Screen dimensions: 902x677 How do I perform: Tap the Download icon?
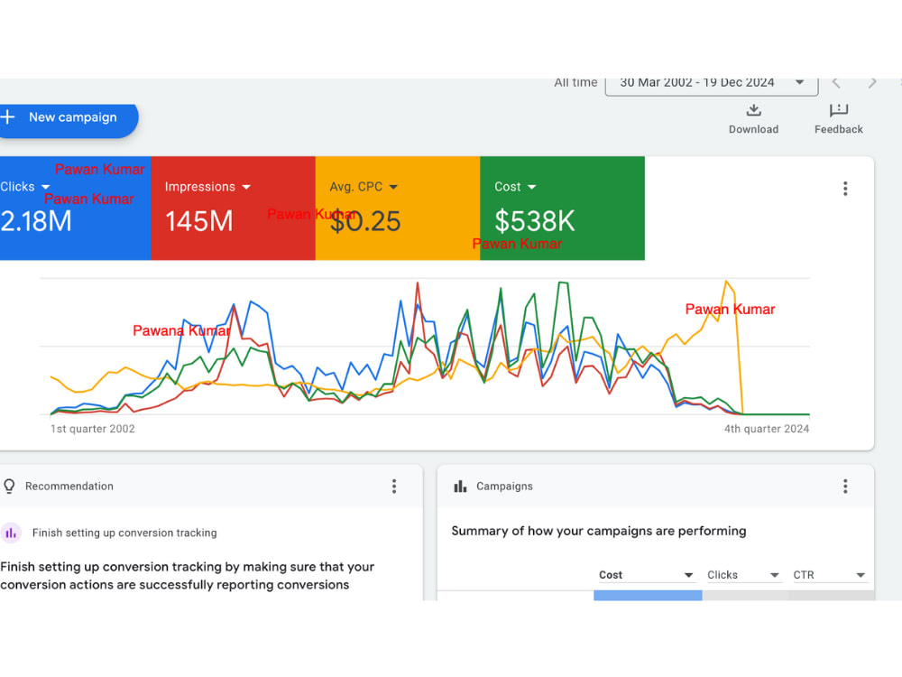(x=753, y=109)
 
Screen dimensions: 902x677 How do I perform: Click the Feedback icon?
(x=839, y=109)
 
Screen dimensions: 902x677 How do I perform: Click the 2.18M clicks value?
(x=36, y=221)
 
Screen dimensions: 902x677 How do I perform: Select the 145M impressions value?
(x=199, y=221)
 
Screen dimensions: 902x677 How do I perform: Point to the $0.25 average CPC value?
(x=365, y=222)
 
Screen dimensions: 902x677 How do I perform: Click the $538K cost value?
(x=534, y=221)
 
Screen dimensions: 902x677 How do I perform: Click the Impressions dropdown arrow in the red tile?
(x=247, y=187)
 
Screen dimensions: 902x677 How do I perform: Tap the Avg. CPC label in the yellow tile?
(x=356, y=187)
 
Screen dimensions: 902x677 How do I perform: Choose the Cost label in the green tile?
(x=507, y=187)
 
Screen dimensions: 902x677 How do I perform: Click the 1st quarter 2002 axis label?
(x=93, y=429)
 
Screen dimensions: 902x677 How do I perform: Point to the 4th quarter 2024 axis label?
(x=766, y=429)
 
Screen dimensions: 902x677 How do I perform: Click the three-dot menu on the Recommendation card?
(x=394, y=487)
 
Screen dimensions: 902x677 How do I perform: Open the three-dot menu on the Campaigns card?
(x=845, y=487)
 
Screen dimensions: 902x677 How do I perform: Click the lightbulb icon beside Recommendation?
(x=9, y=487)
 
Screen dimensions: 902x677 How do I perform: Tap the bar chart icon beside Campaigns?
(x=460, y=487)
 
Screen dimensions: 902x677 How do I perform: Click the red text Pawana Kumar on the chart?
(x=182, y=330)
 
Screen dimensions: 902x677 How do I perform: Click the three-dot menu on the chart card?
(x=845, y=189)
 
